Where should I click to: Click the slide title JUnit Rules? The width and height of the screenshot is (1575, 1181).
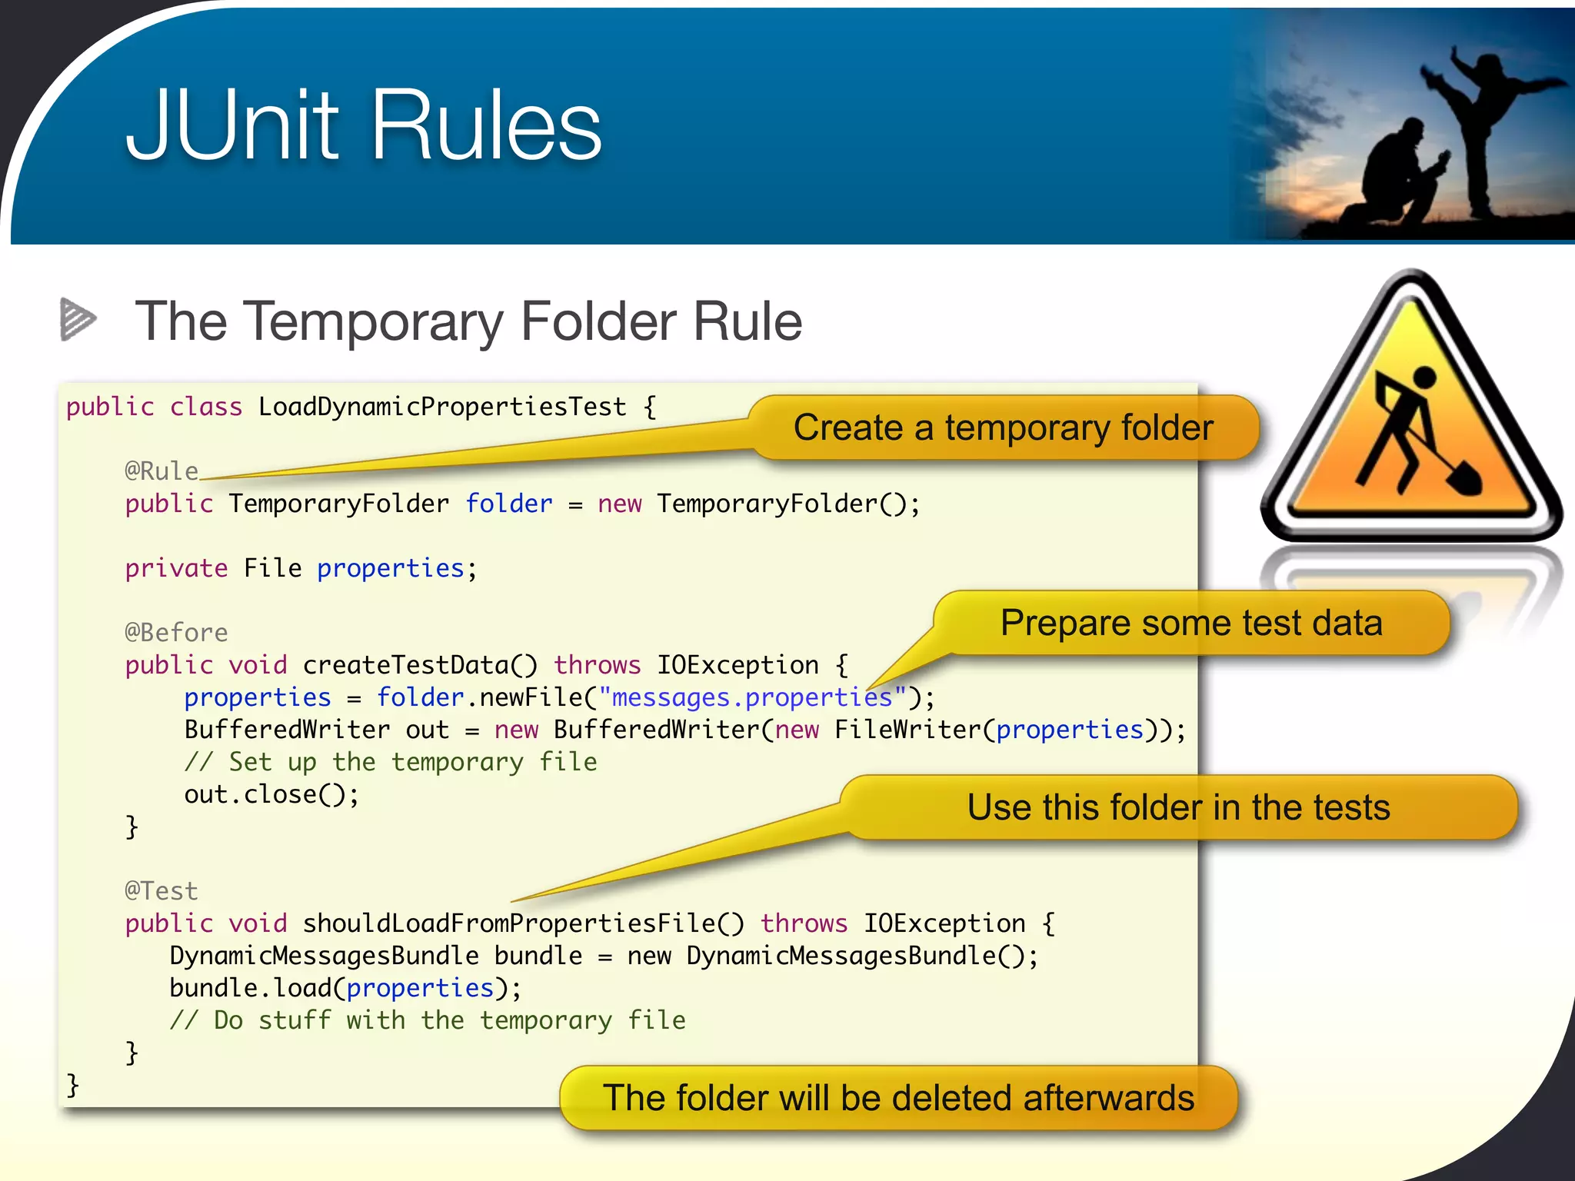tap(364, 125)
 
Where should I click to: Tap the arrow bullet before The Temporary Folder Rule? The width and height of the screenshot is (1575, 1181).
tap(78, 318)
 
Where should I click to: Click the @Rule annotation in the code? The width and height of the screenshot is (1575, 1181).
tap(161, 471)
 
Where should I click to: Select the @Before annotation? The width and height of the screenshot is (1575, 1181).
tap(176, 632)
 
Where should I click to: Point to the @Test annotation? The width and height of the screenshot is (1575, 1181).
tap(161, 890)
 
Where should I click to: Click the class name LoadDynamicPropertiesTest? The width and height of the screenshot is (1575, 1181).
tap(442, 407)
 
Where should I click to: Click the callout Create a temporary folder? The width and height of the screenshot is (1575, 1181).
tap(1003, 427)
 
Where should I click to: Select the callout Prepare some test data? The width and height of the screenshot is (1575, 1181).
tap(1190, 623)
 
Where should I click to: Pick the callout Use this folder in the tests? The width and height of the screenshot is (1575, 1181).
tap(1178, 807)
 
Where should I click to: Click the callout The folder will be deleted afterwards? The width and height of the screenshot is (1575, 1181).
tap(898, 1097)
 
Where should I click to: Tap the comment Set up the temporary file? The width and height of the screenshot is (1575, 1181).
tap(391, 762)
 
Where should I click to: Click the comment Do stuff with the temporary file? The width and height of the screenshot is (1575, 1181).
tap(428, 1020)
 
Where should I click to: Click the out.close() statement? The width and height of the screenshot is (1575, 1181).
tap(271, 794)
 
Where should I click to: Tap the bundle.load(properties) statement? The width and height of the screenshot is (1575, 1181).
tap(345, 988)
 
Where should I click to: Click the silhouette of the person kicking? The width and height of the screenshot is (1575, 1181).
tap(1484, 123)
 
